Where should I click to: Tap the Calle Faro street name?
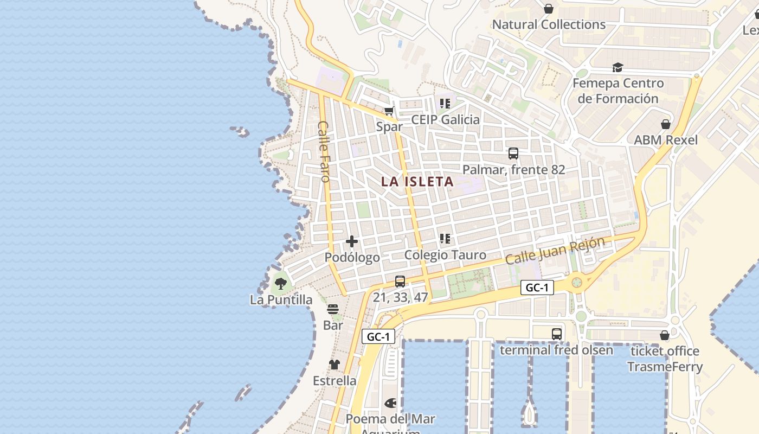[x=324, y=151]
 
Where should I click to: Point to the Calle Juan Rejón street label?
[x=555, y=251]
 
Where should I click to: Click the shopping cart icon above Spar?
[x=389, y=111]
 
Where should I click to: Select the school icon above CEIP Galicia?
[x=445, y=103]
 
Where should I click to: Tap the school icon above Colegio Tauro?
[x=445, y=239]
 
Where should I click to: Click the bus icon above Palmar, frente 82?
[x=513, y=154]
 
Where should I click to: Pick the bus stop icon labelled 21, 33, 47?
[x=400, y=281]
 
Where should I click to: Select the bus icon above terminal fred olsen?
[x=556, y=334]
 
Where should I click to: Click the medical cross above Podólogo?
[x=352, y=241]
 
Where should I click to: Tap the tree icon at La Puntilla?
[x=280, y=283]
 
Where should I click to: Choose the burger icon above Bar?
[x=333, y=309]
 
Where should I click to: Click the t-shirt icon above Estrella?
[x=335, y=365]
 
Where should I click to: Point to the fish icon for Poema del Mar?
[x=390, y=403]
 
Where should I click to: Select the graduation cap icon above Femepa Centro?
[x=618, y=67]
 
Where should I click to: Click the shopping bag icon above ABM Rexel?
[x=666, y=124]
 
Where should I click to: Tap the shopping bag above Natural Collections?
[x=549, y=9]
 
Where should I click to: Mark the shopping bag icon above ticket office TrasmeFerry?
[x=665, y=335]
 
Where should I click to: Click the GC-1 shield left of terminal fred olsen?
[x=537, y=288]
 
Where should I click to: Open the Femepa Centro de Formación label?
[x=618, y=91]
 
